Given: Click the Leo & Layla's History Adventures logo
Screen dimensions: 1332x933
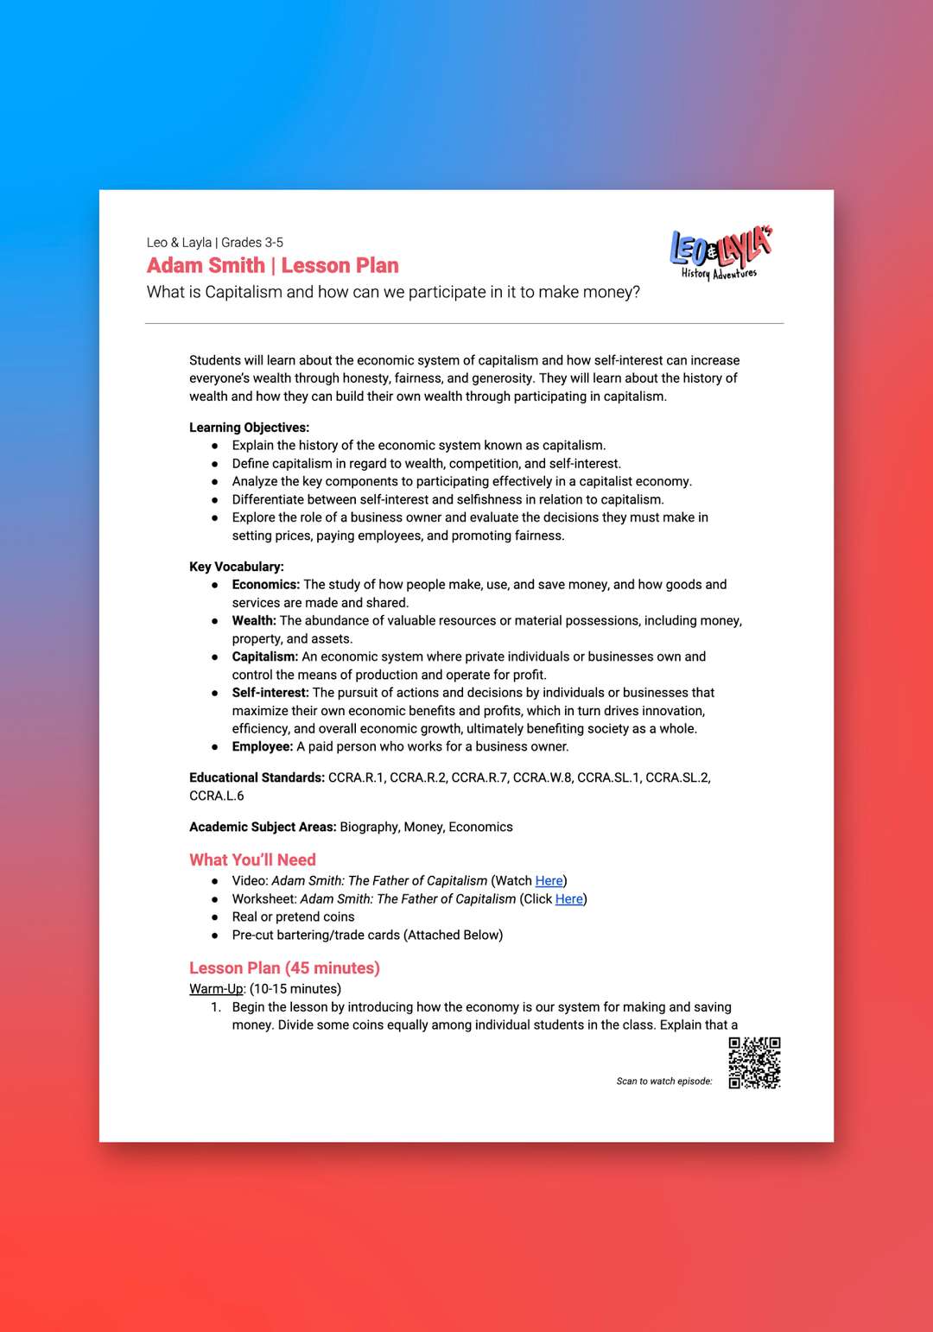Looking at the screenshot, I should tap(720, 253).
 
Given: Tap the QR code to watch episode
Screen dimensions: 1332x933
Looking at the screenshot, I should tap(754, 1062).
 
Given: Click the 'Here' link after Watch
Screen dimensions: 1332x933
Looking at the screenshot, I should tap(549, 880).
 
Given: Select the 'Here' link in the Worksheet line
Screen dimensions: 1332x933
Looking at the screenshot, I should tap(568, 898).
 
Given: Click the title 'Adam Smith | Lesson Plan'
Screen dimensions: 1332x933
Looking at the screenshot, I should tap(272, 265).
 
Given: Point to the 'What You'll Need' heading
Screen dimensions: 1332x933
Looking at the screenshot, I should tap(252, 859).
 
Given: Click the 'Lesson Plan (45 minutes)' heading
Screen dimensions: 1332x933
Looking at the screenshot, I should tap(284, 967).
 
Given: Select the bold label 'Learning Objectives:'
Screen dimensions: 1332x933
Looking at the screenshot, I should tap(249, 427).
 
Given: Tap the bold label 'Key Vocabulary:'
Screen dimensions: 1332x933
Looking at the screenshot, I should tap(236, 566).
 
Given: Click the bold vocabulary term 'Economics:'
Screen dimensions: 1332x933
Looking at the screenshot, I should tap(265, 584).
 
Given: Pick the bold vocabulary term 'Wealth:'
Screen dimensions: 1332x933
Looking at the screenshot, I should tap(254, 620).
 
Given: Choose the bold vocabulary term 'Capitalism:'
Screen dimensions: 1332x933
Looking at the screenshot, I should tap(264, 656).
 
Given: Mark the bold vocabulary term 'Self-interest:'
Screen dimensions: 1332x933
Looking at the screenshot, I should tap(270, 692).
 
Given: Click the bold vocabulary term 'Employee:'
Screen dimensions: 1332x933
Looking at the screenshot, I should tap(262, 746).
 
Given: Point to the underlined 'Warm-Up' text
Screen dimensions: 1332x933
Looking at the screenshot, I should tap(216, 988).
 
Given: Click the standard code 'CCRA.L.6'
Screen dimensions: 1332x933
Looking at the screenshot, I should tap(216, 796).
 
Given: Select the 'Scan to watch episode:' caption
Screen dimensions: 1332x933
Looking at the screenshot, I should tap(663, 1081).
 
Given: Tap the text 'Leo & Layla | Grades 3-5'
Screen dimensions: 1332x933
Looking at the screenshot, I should tap(214, 242).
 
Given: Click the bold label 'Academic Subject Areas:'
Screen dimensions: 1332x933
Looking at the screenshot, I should tap(263, 827).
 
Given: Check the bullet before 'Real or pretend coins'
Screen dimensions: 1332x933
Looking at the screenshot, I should tap(214, 917).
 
